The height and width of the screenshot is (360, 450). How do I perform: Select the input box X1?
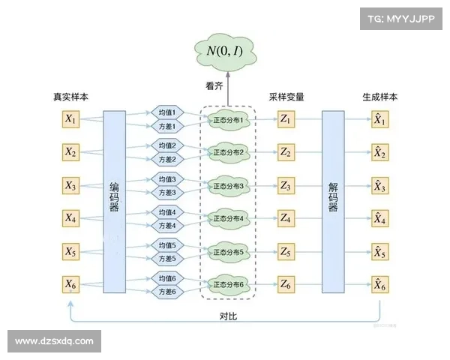click(70, 119)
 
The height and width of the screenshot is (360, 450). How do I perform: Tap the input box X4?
click(70, 218)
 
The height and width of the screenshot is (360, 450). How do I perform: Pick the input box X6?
click(70, 284)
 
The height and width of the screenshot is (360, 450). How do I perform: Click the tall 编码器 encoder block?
click(114, 201)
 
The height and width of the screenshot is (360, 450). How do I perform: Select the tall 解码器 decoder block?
click(334, 201)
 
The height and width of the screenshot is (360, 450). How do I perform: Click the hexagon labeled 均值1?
click(167, 112)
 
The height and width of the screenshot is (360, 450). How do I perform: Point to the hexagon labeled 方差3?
click(167, 193)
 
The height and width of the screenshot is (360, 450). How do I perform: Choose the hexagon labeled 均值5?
click(167, 245)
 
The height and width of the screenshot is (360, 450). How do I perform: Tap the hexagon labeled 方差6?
click(167, 292)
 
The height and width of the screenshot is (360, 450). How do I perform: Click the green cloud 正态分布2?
click(229, 152)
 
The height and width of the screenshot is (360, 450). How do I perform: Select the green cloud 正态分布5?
click(229, 251)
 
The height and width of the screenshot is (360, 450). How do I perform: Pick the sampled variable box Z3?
click(285, 185)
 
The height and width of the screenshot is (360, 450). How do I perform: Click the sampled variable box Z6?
click(285, 284)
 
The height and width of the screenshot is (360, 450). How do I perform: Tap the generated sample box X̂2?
click(380, 152)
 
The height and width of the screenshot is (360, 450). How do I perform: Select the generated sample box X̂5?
click(380, 251)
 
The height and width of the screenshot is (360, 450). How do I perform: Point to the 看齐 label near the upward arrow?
click(215, 85)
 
